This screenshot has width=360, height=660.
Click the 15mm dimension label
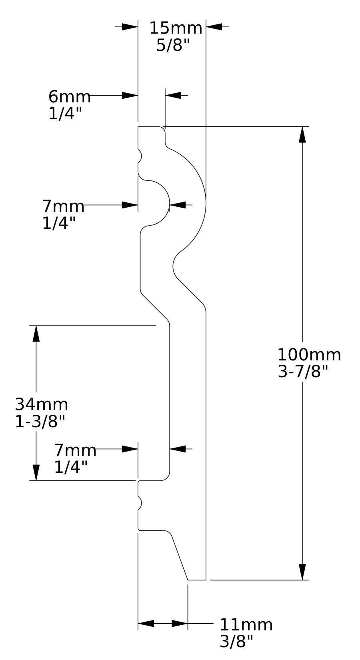point(176,28)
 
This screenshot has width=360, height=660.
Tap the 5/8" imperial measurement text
point(173,45)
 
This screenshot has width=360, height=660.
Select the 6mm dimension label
point(70,96)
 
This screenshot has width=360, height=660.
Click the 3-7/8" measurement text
point(303,372)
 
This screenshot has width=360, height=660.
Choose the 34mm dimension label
point(41,404)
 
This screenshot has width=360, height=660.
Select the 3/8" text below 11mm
point(236,642)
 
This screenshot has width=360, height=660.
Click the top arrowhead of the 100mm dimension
point(302,135)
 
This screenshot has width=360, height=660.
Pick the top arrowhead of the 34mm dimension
point(36,334)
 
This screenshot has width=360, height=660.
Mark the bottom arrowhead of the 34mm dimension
point(36,473)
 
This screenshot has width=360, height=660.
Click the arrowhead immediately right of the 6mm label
point(130,96)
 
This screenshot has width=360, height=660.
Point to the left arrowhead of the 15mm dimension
point(130,27)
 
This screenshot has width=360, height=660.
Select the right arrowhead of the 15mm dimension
point(214,27)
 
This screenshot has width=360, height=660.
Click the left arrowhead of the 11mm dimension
point(146,624)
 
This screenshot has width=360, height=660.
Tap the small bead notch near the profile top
point(140,156)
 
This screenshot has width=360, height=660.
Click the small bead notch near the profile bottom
point(140,503)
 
